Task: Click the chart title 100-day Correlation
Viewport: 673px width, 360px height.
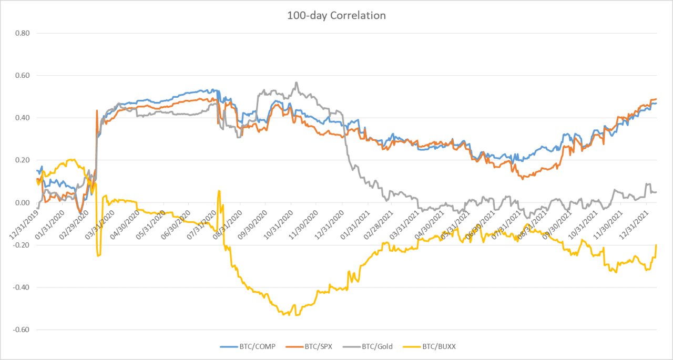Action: [x=336, y=16]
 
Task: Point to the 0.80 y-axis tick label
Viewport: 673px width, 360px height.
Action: [x=22, y=33]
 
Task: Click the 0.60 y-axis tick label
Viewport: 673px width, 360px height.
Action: [x=22, y=76]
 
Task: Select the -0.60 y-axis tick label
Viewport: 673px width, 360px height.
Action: [x=21, y=330]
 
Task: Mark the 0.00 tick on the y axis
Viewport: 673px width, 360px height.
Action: [x=22, y=203]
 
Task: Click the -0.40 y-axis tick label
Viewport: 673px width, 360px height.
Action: [x=21, y=287]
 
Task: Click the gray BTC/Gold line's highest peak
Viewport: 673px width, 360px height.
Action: [x=297, y=83]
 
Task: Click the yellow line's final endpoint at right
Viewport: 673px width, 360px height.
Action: [x=656, y=245]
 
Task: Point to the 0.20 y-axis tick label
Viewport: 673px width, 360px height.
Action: [x=22, y=160]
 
